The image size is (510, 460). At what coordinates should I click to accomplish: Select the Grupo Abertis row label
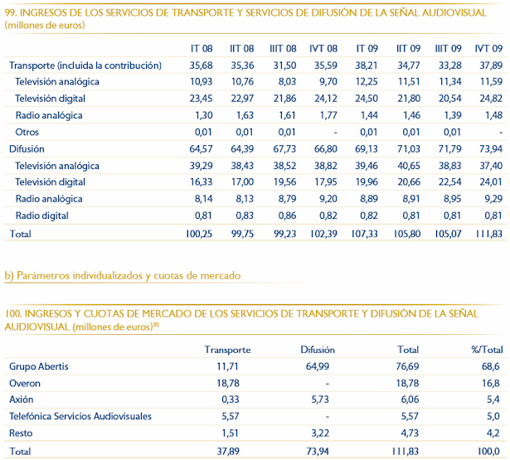coord(39,366)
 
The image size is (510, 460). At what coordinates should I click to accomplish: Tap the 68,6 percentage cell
coord(491,366)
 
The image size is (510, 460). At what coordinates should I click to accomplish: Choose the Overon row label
coord(25,383)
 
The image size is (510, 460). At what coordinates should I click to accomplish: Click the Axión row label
coord(22,399)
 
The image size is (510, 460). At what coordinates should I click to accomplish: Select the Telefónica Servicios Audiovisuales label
coord(80,415)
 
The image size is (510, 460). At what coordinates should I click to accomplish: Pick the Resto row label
coord(22,432)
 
